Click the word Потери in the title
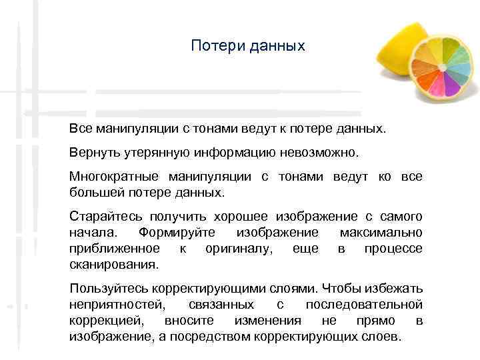(211, 46)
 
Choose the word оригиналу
(237, 249)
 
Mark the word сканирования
(114, 265)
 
